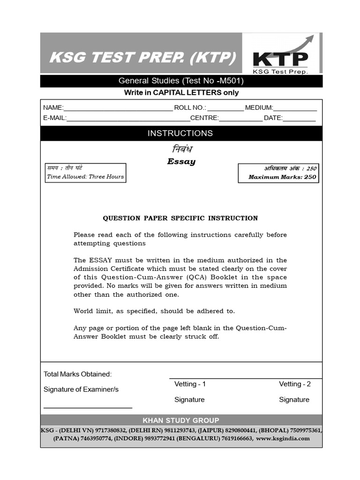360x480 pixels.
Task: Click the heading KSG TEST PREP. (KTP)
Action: (x=143, y=58)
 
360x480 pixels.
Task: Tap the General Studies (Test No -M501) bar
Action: (x=181, y=81)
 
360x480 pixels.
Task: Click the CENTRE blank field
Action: (x=241, y=118)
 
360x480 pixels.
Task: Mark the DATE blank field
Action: (x=299, y=118)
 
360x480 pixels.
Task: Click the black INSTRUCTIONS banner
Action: (x=180, y=133)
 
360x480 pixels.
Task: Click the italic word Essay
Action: (x=181, y=162)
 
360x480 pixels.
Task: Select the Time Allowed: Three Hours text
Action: (x=85, y=177)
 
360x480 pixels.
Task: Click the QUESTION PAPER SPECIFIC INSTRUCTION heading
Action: (x=180, y=218)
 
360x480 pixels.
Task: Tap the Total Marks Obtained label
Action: (x=77, y=374)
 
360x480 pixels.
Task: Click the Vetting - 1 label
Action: (x=190, y=384)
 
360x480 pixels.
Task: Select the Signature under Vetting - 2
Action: (x=294, y=399)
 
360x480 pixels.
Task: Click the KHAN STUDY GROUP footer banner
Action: (x=181, y=420)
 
